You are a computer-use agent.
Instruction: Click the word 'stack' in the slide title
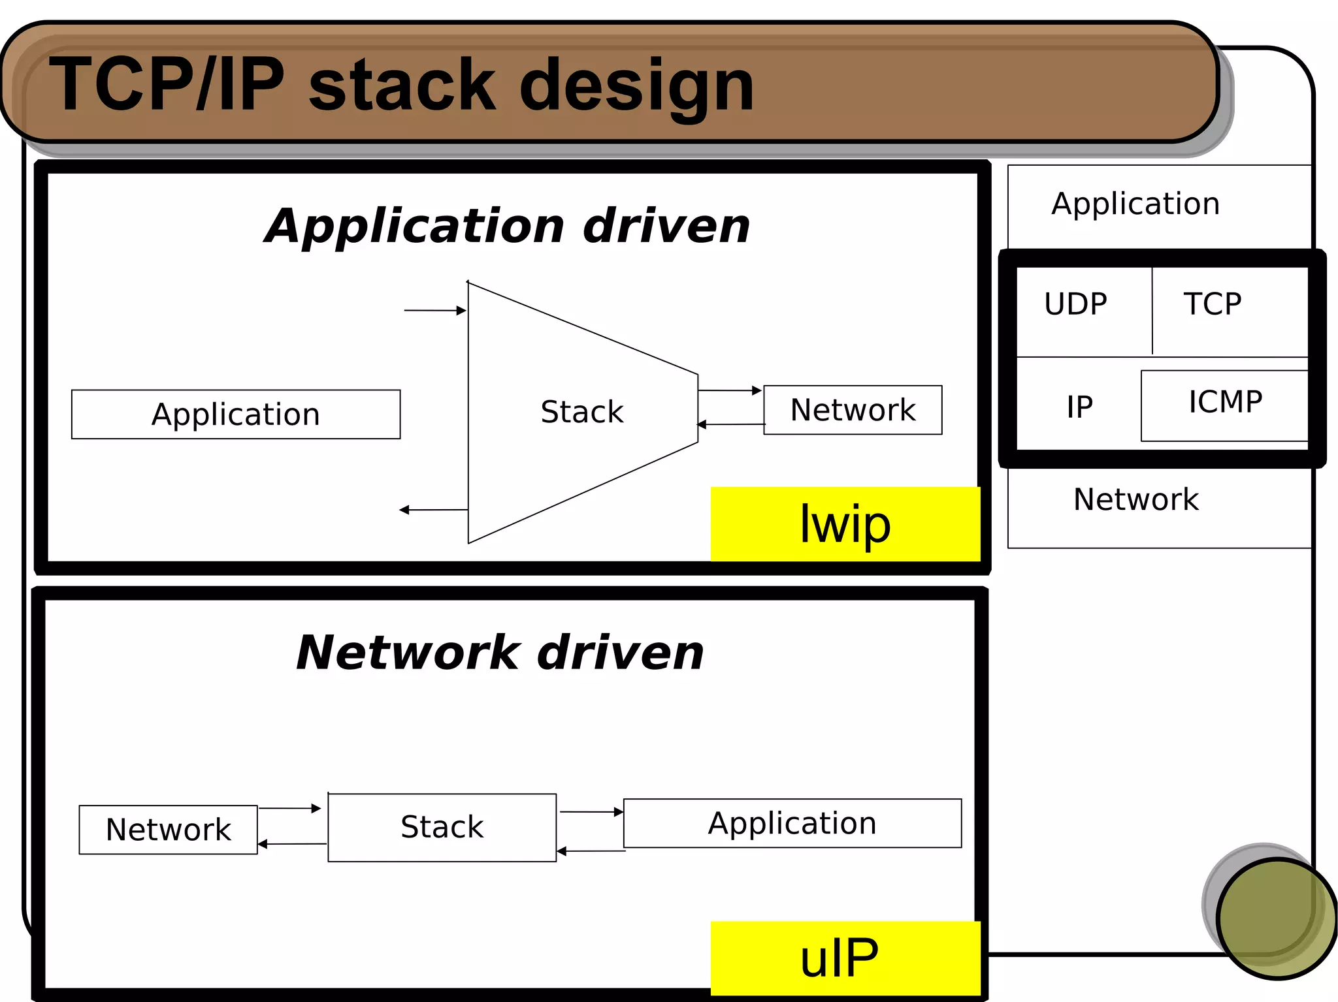pyautogui.click(x=401, y=85)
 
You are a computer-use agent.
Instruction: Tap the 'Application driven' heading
pyautogui.click(x=507, y=226)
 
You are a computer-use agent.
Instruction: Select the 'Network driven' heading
pyautogui.click(x=500, y=652)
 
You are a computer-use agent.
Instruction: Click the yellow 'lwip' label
pyautogui.click(x=845, y=524)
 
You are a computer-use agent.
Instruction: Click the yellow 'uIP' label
pyautogui.click(x=845, y=958)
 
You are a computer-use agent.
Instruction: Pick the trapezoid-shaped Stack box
pyautogui.click(x=581, y=411)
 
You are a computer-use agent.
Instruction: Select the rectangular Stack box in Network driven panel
pyautogui.click(x=442, y=827)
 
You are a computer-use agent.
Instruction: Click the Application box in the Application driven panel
pyautogui.click(x=235, y=415)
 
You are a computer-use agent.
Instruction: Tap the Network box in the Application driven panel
pyautogui.click(x=853, y=410)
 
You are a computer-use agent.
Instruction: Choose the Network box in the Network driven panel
pyautogui.click(x=168, y=830)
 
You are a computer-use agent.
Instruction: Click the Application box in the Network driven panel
pyautogui.click(x=792, y=823)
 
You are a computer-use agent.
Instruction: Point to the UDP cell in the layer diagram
pyautogui.click(x=1076, y=304)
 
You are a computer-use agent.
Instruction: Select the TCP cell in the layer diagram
pyautogui.click(x=1213, y=304)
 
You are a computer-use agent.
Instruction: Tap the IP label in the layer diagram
pyautogui.click(x=1079, y=407)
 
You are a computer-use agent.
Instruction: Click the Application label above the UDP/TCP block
pyautogui.click(x=1135, y=204)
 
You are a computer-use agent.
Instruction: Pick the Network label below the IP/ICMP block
pyautogui.click(x=1135, y=499)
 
